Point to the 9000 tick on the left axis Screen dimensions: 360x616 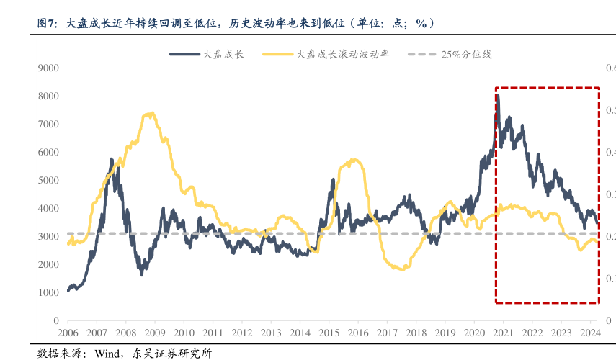tap(48, 68)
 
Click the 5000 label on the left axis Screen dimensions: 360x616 tap(48, 180)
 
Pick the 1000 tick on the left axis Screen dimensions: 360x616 tap(48, 292)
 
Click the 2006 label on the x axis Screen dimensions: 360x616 tap(68, 333)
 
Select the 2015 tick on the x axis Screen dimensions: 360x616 tap(329, 333)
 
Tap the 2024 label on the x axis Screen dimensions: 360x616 tap(590, 333)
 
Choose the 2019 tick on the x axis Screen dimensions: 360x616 tap(445, 333)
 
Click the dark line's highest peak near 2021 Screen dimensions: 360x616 tap(498, 95)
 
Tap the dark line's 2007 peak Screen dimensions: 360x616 tap(112, 159)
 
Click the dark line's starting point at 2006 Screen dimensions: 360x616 tap(68, 290)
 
